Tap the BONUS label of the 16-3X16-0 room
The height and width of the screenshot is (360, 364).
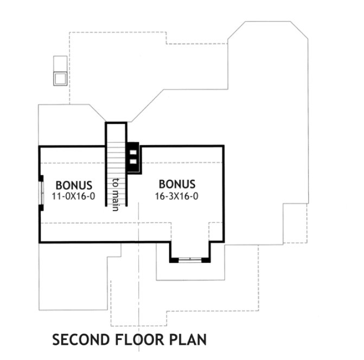click(x=177, y=185)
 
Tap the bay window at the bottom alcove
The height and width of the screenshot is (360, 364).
click(x=189, y=260)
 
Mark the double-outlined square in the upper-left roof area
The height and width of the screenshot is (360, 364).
click(x=60, y=78)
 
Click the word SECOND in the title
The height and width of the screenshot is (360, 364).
click(x=81, y=340)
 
